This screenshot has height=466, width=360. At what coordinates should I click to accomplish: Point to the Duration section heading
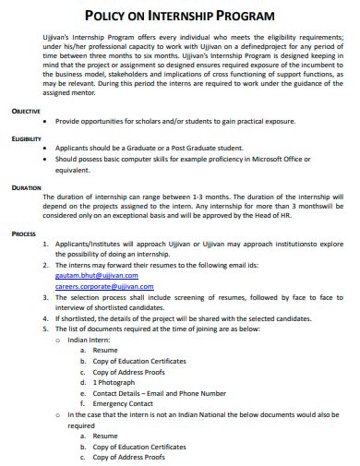pos(26,187)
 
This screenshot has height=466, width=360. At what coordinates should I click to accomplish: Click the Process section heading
pos(24,233)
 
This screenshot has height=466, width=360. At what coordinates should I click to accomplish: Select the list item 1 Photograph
pos(115,381)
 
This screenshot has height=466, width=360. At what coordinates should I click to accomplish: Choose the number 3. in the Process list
pos(47,299)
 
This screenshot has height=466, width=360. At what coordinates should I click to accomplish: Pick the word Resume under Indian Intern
pos(105,351)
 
